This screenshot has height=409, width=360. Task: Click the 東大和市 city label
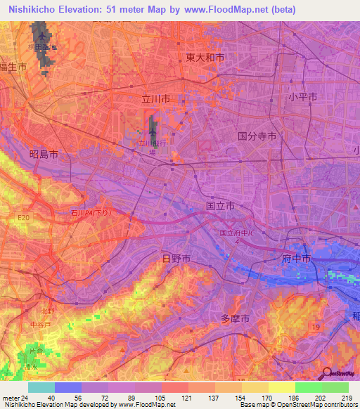pos(205,58)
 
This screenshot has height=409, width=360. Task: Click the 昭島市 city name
pos(43,153)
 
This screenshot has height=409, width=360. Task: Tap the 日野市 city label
pos(176,259)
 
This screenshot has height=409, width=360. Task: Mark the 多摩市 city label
pos(236,318)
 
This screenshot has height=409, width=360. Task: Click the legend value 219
pos(347,398)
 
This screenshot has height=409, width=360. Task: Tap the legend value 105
pos(161,398)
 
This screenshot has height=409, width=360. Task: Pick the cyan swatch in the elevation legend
pos(41,387)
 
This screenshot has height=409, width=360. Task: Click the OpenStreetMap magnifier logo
pos(327,374)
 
